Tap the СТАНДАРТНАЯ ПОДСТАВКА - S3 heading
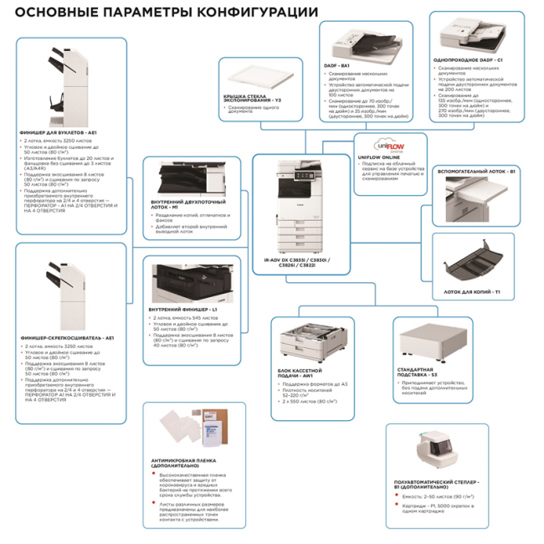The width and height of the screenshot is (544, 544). pyautogui.click(x=419, y=372)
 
